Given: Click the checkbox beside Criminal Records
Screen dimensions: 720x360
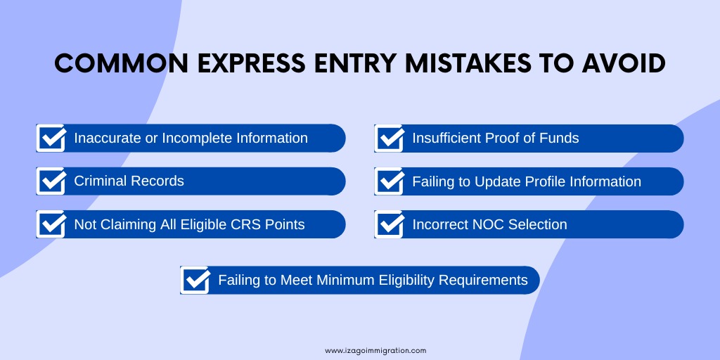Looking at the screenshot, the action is point(51,181).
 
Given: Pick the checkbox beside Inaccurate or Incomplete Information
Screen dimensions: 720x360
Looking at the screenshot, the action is point(51,138).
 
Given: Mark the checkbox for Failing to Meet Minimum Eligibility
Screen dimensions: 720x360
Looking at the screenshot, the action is point(195,280).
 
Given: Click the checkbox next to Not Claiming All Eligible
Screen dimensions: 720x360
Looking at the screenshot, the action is point(51,224).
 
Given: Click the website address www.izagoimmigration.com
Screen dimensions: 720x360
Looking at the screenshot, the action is point(375,350).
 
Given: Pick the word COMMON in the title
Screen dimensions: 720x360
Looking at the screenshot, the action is point(121,63).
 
